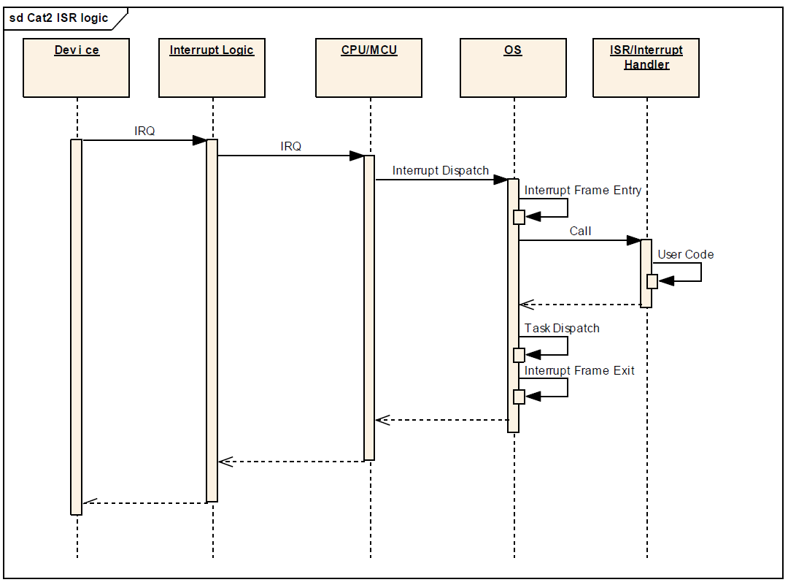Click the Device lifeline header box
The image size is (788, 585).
pos(77,68)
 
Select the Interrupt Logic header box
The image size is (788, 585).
pos(212,68)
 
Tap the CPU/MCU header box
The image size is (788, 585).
pos(369,68)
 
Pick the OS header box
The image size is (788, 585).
pos(513,68)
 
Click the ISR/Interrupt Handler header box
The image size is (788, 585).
pos(646,68)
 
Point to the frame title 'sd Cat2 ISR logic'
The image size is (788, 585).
pos(59,19)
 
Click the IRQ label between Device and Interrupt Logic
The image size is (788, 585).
pos(144,131)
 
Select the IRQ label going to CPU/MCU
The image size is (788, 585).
pos(291,147)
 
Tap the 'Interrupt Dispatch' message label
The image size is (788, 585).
pos(441,171)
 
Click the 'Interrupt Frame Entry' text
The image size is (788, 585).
pos(583,191)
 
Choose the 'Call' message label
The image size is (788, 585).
pos(581,232)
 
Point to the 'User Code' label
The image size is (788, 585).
pos(686,255)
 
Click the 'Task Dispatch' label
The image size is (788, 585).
pos(563,329)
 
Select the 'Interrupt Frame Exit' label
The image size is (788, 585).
pos(580,371)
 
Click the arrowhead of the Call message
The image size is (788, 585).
pos(633,240)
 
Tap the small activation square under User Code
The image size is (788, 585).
pos(652,282)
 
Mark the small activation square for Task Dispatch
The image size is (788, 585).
pos(519,355)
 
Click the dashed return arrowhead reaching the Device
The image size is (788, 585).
pos(89,502)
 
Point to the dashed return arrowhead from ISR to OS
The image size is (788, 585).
pos(526,305)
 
